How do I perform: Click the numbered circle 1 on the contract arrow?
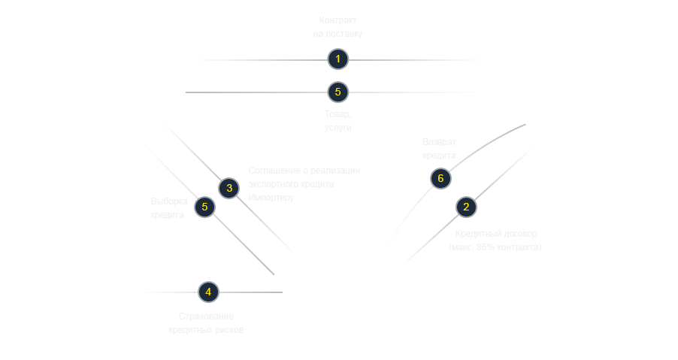(338, 59)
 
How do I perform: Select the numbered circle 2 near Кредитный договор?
(466, 207)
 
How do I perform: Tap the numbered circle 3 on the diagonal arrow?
(229, 188)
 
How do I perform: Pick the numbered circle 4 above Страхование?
(208, 292)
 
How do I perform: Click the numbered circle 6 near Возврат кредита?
(441, 178)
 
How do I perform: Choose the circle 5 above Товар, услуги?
(338, 92)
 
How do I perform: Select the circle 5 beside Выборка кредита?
(204, 207)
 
